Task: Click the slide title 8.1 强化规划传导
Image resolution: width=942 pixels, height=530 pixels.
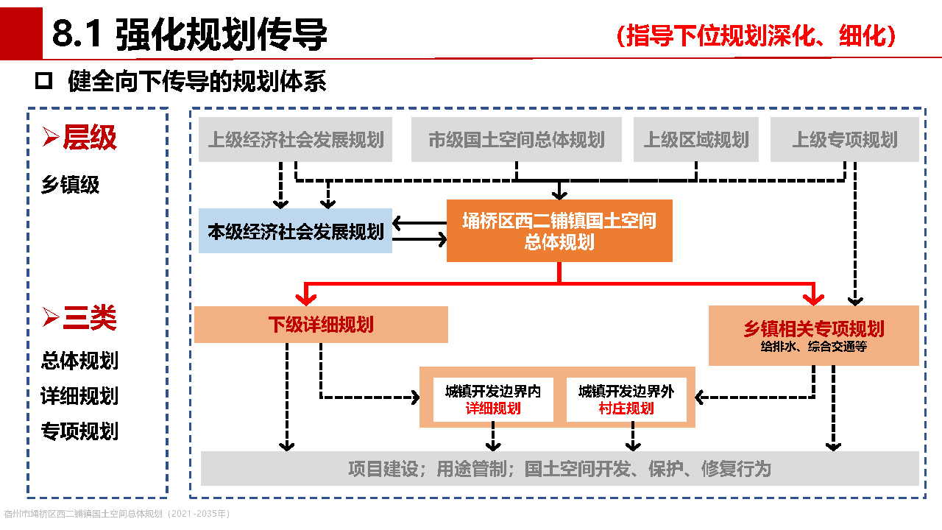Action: (189, 35)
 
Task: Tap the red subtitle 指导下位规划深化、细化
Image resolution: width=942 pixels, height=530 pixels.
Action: (757, 35)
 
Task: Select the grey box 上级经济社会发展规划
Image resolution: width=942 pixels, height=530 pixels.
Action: (296, 140)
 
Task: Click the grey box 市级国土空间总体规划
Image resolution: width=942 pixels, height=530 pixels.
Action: (517, 140)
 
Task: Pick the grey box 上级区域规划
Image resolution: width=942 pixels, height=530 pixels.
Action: (696, 140)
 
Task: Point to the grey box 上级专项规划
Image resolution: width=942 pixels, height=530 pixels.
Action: (845, 140)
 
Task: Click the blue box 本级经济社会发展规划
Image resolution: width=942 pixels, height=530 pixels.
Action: (296, 232)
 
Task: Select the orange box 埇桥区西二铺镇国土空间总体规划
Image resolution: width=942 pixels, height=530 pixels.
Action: (559, 230)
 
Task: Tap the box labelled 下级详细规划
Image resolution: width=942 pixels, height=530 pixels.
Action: (321, 325)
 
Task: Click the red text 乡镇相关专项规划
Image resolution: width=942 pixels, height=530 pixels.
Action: (814, 329)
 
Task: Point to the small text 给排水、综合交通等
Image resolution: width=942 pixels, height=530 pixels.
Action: (814, 347)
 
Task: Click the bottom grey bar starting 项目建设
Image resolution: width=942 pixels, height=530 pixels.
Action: (559, 469)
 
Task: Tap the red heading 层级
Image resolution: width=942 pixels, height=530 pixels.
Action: (89, 138)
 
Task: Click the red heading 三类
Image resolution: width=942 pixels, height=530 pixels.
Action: (89, 318)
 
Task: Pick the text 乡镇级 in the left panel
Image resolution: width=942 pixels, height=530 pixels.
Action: (70, 185)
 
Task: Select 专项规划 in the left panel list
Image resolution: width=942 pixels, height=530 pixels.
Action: (79, 431)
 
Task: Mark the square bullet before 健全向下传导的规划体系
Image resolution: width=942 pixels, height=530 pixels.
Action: (44, 81)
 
